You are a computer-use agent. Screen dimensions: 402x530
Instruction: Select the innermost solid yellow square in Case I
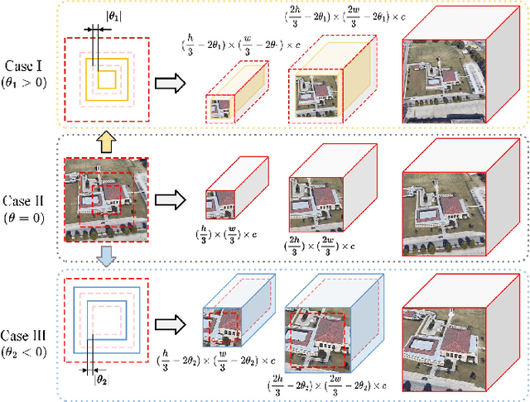(x=106, y=79)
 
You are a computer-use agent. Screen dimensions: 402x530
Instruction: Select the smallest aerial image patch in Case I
(x=219, y=108)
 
